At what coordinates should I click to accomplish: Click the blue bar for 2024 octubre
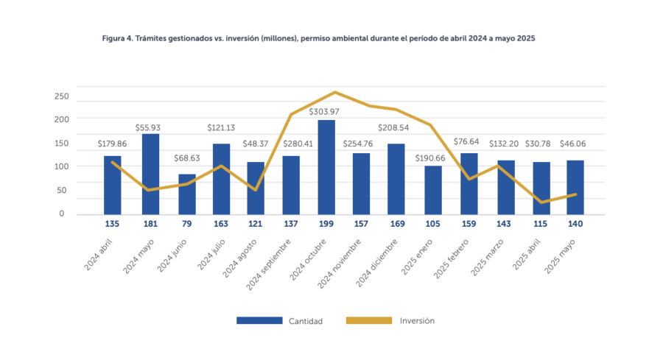326,167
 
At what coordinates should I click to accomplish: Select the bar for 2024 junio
187,194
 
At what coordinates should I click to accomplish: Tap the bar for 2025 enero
433,190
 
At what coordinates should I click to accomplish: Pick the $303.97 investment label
326,111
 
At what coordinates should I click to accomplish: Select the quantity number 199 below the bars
326,224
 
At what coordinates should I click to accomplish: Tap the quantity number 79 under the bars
187,224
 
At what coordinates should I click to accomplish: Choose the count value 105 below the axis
433,224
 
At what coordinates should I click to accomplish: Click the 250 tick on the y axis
61,96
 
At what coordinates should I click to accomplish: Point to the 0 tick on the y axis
61,214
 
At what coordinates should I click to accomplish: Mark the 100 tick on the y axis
61,166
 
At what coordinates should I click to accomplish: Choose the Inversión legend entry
417,321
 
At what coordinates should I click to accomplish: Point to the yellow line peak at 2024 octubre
335,93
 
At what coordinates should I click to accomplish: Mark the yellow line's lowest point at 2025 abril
542,202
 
